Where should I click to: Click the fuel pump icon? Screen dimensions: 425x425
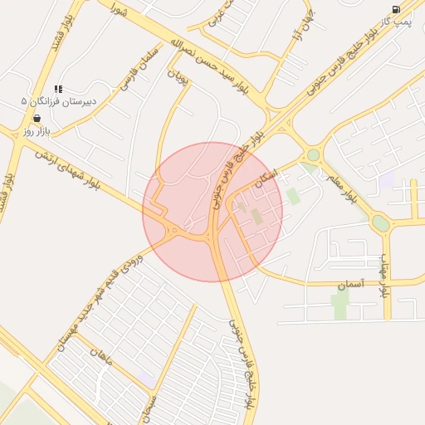point(397,9)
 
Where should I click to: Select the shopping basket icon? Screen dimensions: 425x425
point(38,118)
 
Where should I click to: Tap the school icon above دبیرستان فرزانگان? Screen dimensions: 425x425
point(58,89)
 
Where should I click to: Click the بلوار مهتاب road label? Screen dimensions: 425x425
point(384,278)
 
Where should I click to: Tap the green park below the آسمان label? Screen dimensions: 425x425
point(340,305)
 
